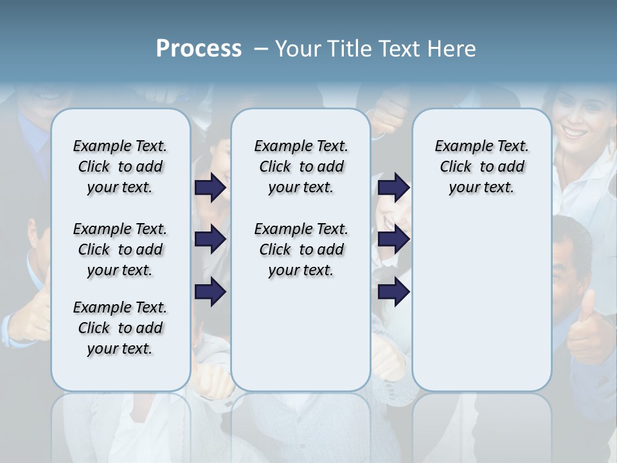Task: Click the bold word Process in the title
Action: click(x=199, y=49)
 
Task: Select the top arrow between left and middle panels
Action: click(x=210, y=187)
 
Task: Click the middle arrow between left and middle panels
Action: click(x=210, y=239)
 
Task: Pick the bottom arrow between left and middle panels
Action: click(x=210, y=292)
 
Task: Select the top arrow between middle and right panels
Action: click(x=393, y=187)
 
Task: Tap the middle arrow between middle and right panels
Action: click(x=393, y=239)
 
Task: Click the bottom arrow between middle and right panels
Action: click(x=393, y=292)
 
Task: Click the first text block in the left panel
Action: click(x=120, y=167)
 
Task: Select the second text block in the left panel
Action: click(x=120, y=250)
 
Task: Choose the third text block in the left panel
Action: click(x=120, y=328)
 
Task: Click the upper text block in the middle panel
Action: click(x=301, y=167)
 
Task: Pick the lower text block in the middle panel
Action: click(x=301, y=250)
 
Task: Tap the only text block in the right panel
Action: click(x=481, y=167)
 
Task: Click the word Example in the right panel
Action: click(x=458, y=146)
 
